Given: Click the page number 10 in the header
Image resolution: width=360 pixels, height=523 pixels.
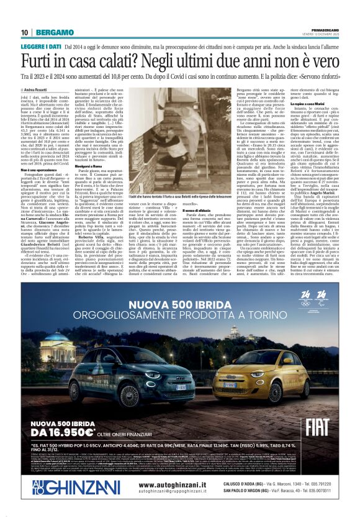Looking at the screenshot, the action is click(24, 32).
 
